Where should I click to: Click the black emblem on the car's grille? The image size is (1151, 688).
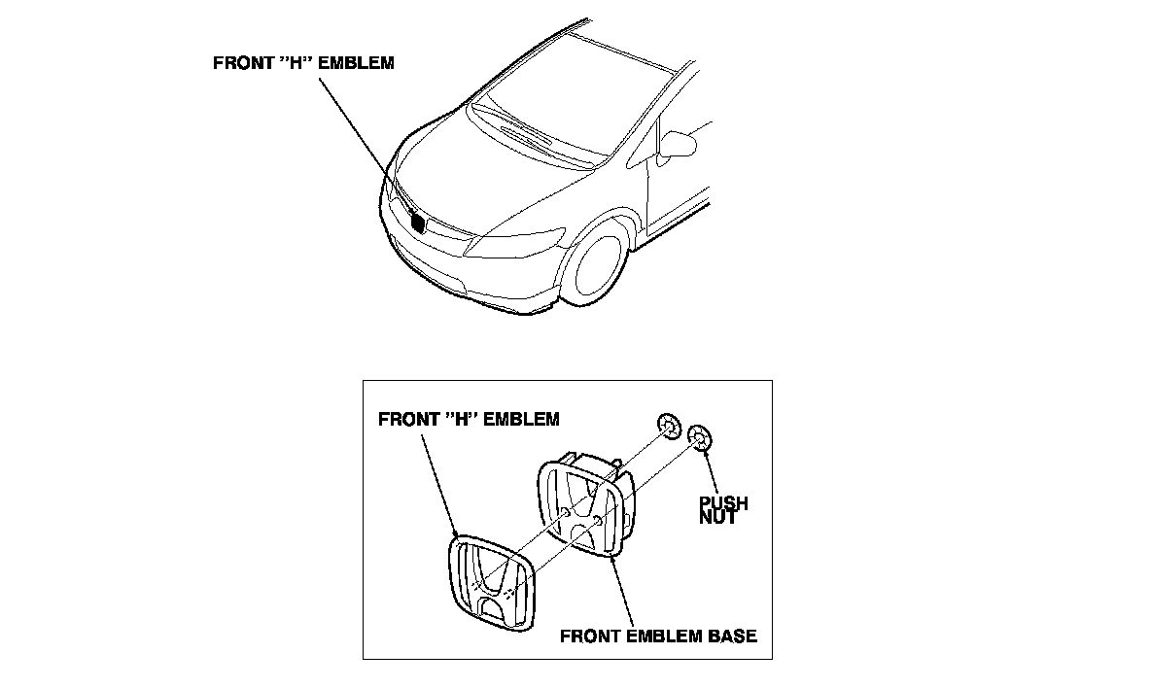tap(419, 223)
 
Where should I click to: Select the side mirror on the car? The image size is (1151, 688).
tap(680, 144)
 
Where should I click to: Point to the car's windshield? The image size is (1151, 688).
tap(574, 101)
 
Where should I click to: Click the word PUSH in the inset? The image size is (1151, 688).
tap(723, 503)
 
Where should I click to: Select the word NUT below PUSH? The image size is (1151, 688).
tap(717, 518)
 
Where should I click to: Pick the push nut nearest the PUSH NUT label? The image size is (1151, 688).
tap(699, 439)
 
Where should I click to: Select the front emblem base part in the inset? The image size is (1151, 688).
tap(583, 505)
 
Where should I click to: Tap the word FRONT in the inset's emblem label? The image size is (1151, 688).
tap(402, 420)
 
